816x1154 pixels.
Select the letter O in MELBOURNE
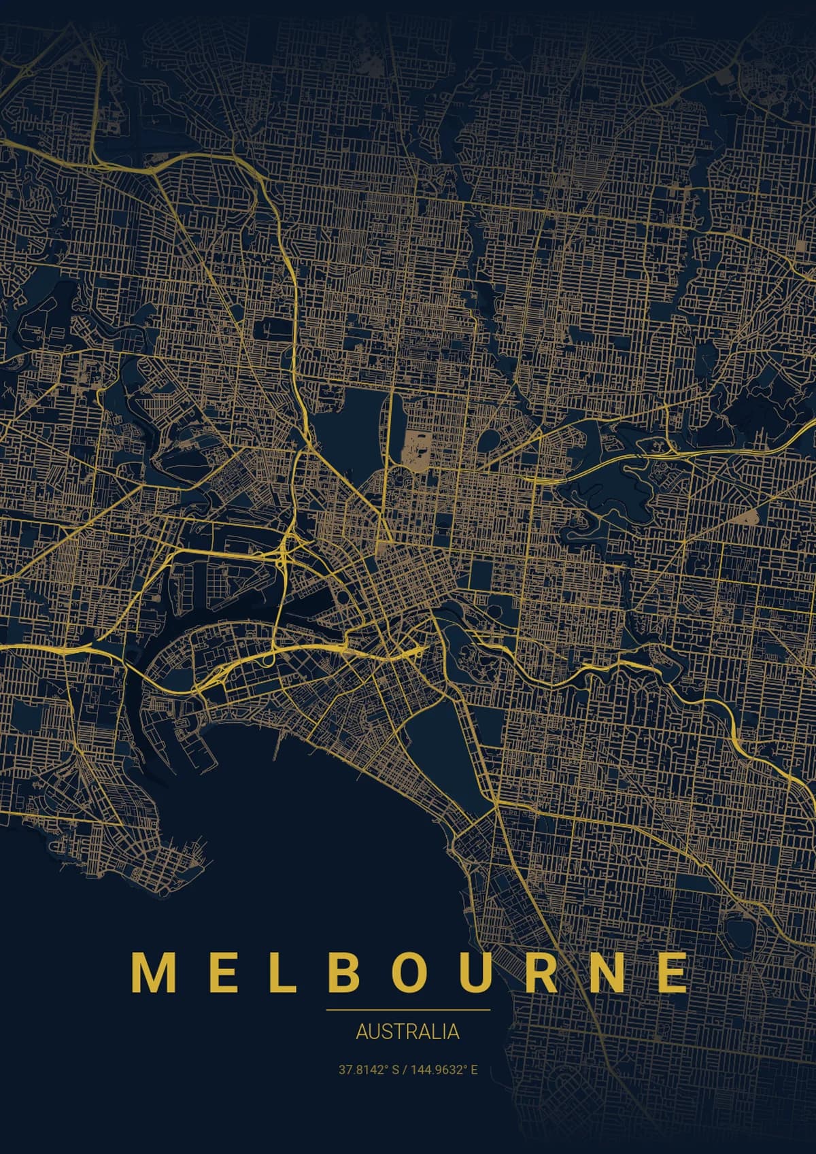tap(409, 973)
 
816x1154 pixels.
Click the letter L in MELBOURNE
tap(283, 973)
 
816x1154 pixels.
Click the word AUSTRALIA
tap(408, 1032)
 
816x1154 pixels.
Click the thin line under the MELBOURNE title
tap(408, 1010)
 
